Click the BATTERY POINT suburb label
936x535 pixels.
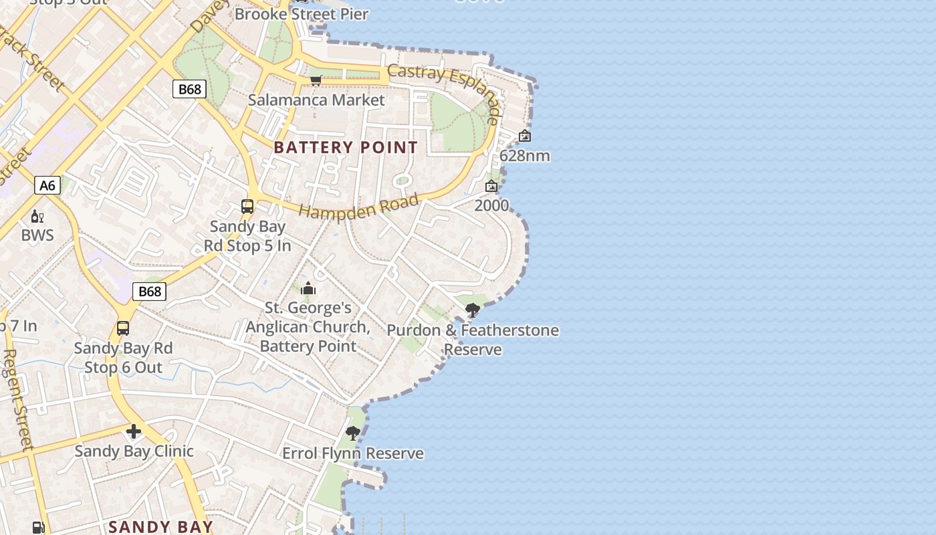(346, 147)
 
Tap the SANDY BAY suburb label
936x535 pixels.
(160, 527)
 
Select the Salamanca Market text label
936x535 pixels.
(316, 100)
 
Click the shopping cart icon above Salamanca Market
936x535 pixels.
(316, 81)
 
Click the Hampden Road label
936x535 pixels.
(359, 207)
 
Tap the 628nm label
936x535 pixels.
(525, 156)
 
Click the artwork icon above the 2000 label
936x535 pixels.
(491, 186)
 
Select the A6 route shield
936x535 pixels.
(47, 185)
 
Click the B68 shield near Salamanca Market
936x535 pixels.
(189, 89)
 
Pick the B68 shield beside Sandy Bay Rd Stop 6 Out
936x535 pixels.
(149, 291)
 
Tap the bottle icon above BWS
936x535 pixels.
(37, 216)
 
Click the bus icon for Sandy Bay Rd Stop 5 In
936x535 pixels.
(247, 207)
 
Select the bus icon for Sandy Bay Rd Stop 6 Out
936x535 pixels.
(123, 328)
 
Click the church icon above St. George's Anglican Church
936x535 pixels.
(308, 288)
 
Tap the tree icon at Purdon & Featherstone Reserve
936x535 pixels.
(473, 310)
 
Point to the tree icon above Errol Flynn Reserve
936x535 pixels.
(353, 433)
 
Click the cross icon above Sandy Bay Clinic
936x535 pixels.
(134, 431)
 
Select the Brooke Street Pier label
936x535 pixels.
(302, 14)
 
